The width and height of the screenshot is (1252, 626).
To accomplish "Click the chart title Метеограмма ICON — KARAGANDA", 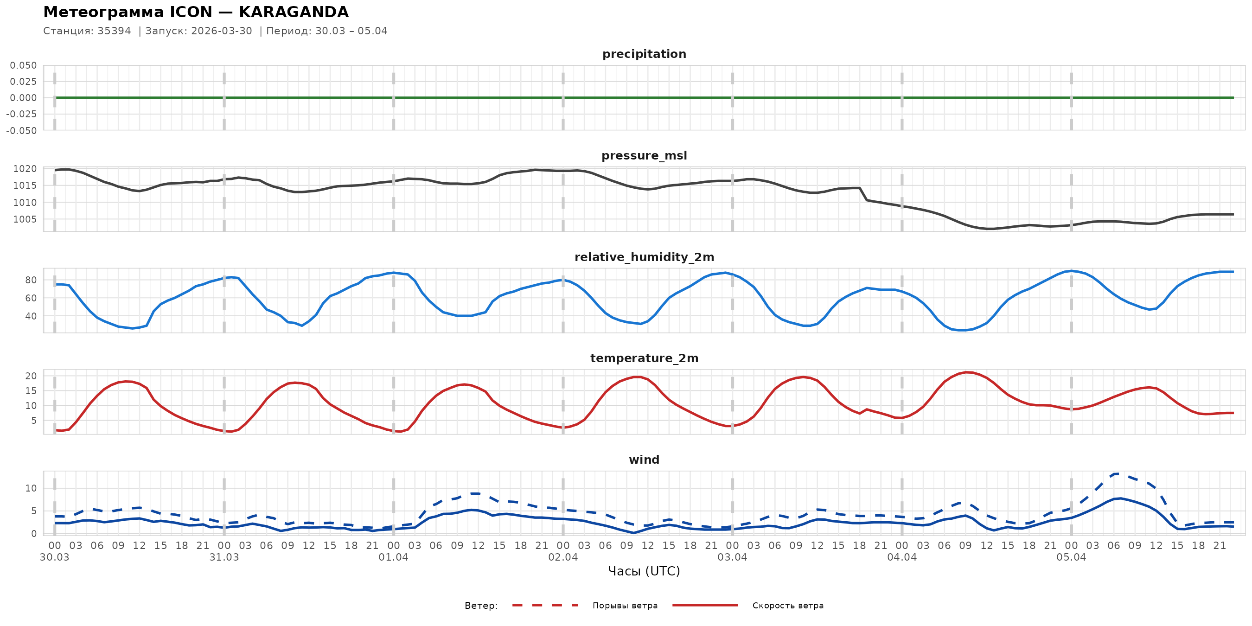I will [x=196, y=12].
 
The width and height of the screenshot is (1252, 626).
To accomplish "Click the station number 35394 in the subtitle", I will [x=114, y=31].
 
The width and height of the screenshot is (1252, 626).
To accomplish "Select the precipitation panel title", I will [x=644, y=54].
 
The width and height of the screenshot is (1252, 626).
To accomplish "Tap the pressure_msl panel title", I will [x=644, y=155].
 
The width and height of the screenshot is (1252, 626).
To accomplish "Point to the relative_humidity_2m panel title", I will [x=644, y=257].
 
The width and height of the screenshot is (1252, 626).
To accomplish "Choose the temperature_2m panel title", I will [x=644, y=358].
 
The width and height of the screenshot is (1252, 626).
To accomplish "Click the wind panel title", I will [x=644, y=460].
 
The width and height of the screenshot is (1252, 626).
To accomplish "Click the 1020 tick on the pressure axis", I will [x=25, y=169].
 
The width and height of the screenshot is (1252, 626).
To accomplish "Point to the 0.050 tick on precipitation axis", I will [x=23, y=65].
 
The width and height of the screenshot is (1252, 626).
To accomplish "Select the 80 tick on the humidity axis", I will [x=31, y=280].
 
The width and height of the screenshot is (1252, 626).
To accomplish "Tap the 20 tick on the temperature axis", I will [x=31, y=376].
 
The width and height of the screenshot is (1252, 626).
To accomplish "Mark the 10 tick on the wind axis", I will [x=31, y=488].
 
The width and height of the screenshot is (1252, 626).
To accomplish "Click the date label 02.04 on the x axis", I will [x=563, y=557].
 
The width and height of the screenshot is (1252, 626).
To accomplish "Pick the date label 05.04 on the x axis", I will [x=1071, y=557].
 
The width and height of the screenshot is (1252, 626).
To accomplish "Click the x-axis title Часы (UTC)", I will [x=644, y=571].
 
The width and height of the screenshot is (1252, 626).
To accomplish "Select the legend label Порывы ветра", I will [x=625, y=606].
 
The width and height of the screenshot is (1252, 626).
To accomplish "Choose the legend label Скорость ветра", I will [x=788, y=606].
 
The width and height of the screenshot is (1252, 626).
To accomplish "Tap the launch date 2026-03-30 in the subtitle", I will [x=222, y=31].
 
